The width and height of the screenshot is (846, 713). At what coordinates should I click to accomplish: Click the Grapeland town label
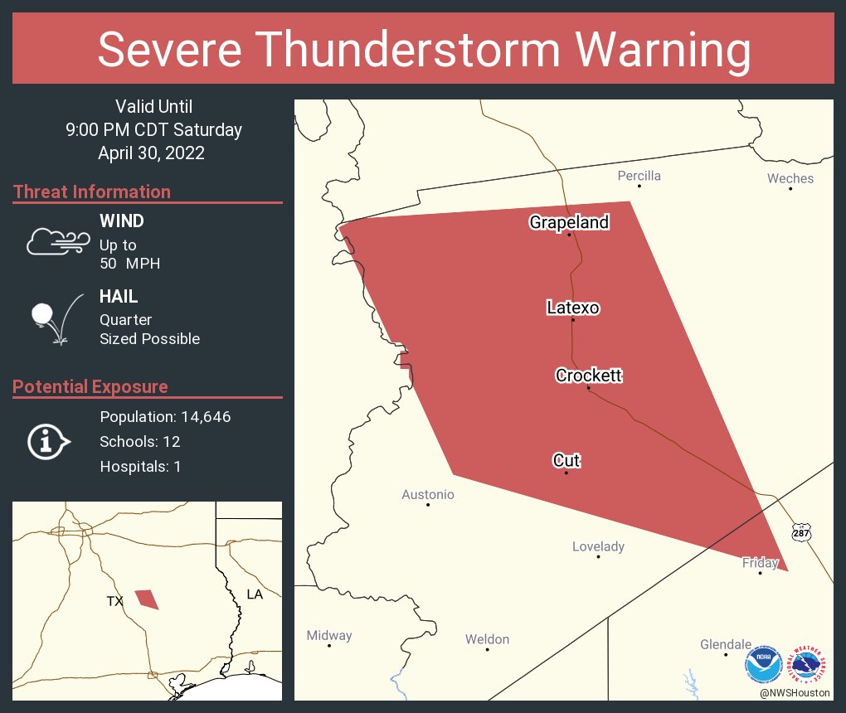(569, 222)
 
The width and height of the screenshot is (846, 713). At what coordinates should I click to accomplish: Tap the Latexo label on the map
(572, 308)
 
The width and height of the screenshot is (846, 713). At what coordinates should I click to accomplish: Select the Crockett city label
(588, 376)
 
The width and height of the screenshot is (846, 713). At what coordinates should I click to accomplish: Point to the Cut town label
(566, 460)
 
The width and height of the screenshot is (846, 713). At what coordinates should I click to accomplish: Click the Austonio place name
(428, 495)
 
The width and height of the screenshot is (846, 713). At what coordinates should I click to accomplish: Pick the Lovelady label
(598, 546)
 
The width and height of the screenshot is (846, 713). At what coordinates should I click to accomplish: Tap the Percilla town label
(639, 176)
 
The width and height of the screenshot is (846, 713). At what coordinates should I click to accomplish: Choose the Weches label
(790, 178)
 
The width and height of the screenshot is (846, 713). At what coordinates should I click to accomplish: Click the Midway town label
(329, 636)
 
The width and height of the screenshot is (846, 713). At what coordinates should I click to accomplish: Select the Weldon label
(487, 639)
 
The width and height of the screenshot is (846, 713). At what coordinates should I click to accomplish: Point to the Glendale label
(725, 644)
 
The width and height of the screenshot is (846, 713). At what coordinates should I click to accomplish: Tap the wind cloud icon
(57, 241)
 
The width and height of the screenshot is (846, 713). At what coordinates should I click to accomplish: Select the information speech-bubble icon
(48, 442)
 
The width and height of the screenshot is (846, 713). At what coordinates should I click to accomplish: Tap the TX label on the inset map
(114, 601)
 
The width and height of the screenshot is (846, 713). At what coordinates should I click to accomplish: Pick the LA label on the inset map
(255, 594)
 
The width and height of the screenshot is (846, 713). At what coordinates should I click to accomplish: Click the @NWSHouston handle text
(794, 692)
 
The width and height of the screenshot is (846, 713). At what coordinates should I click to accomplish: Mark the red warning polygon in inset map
(147, 599)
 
